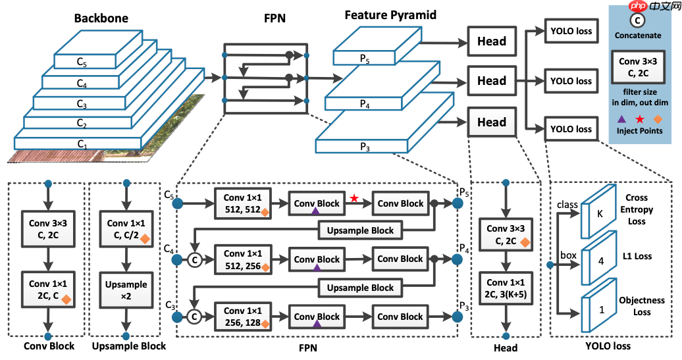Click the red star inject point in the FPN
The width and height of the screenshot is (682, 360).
pos(354,198)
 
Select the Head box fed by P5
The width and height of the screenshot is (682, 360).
pos(492,41)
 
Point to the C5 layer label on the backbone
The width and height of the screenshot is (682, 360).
pos(82,63)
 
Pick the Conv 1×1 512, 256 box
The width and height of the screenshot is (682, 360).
pos(243,259)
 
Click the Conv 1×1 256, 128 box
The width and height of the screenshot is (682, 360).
pos(243,317)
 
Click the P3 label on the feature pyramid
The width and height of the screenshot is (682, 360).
pos(364,148)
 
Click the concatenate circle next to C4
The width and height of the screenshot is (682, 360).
pos(194,260)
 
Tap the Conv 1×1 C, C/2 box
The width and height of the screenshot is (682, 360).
pos(124,232)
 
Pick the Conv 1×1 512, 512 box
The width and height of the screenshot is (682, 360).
pos(243,203)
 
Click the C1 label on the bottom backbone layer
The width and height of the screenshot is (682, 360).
pos(82,143)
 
